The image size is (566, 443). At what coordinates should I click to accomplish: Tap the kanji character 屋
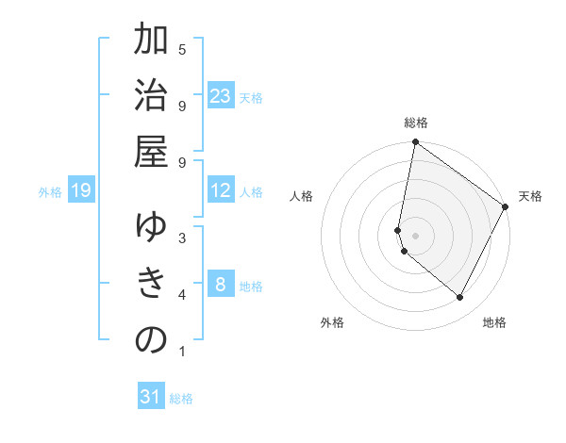pos(151,153)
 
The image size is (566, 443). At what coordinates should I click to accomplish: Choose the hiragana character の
pos(151,340)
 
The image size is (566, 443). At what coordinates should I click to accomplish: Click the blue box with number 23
pos(221,96)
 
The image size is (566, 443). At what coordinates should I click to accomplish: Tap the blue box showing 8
pos(221,285)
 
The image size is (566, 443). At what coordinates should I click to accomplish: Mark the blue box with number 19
pos(80,191)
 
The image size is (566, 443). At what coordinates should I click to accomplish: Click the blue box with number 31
pos(151,397)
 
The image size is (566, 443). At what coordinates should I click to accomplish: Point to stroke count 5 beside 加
pos(181,49)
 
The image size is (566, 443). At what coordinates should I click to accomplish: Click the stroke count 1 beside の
pos(181,353)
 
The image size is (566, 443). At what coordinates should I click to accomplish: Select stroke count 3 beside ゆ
pos(181,238)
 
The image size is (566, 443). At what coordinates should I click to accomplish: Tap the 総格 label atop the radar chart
pos(415,123)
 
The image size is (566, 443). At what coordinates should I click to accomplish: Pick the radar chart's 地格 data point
pos(459,297)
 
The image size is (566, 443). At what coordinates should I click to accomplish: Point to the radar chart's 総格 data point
pos(415,143)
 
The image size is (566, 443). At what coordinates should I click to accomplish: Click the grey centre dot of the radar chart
pos(415,236)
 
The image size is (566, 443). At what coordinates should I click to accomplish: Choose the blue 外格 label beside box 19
pos(50,192)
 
